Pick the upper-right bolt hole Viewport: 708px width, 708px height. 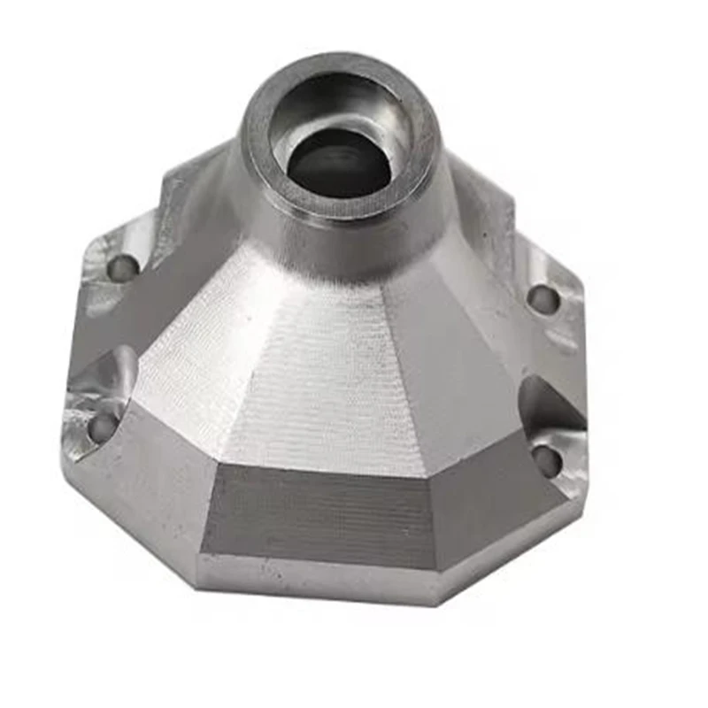(x=543, y=299)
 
